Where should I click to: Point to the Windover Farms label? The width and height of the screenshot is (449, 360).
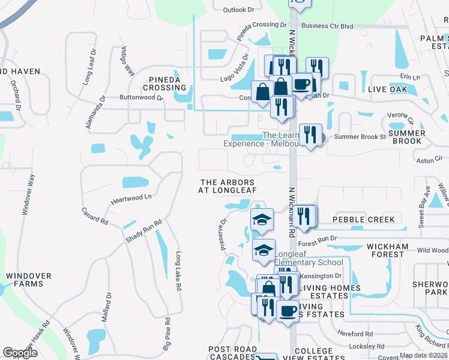point(25,280)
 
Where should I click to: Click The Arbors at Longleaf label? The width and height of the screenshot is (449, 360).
point(228,186)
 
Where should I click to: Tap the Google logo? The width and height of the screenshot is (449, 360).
point(20,353)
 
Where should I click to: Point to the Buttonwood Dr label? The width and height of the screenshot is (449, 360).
point(141,97)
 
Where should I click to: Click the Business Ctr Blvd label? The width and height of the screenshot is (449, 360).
point(327,26)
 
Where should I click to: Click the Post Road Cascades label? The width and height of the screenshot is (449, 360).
point(232,353)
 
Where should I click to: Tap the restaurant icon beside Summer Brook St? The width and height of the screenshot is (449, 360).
point(310,135)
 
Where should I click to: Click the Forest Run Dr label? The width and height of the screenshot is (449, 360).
point(318,244)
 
